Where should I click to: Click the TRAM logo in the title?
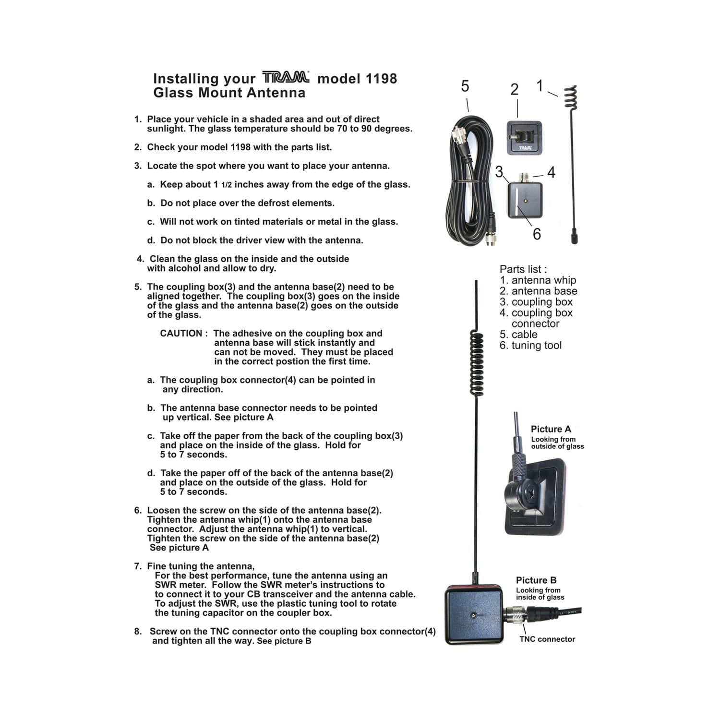click(286, 77)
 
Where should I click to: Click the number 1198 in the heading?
click(381, 79)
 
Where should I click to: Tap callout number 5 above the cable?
click(465, 86)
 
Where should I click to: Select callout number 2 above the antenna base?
click(514, 90)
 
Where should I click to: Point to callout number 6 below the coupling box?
click(537, 234)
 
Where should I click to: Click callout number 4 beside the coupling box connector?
click(551, 173)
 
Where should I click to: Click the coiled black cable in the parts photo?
click(470, 182)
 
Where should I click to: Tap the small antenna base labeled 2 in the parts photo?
click(524, 138)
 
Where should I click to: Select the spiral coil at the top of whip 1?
click(570, 98)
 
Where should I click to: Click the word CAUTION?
click(181, 334)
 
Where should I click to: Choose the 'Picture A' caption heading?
click(551, 429)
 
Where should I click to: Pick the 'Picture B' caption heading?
click(536, 580)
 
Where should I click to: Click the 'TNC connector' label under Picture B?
click(547, 639)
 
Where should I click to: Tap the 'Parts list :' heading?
click(523, 269)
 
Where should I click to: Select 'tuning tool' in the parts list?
click(536, 346)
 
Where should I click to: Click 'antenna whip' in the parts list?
click(543, 280)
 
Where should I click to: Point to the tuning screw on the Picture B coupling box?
click(473, 614)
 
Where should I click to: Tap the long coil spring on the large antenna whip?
click(476, 363)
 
